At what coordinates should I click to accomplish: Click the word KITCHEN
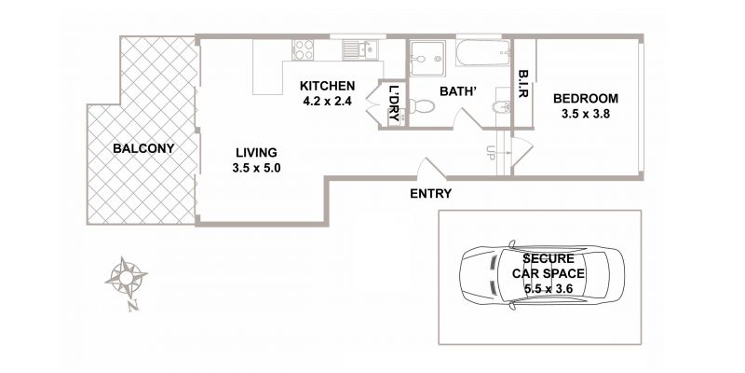pyautogui.click(x=327, y=86)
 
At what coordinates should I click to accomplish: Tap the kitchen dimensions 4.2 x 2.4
pyautogui.click(x=327, y=101)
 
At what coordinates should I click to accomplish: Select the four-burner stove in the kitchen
pyautogui.click(x=304, y=49)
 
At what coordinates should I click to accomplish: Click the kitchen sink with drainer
pyautogui.click(x=360, y=49)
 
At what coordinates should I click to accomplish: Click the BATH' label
pyautogui.click(x=458, y=90)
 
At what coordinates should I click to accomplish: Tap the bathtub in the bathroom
pyautogui.click(x=483, y=53)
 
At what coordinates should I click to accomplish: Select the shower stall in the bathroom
pyautogui.click(x=427, y=58)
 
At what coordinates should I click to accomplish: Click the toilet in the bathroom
pyautogui.click(x=422, y=106)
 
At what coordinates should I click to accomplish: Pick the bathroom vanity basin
pyautogui.click(x=502, y=107)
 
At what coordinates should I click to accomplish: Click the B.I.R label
pyautogui.click(x=523, y=84)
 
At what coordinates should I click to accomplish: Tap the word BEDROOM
pyautogui.click(x=586, y=99)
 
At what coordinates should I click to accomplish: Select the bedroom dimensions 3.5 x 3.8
pyautogui.click(x=586, y=114)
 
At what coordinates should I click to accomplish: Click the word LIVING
pyautogui.click(x=257, y=153)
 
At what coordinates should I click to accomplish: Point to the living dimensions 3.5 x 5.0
pyautogui.click(x=257, y=168)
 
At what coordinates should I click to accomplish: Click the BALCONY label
pyautogui.click(x=143, y=148)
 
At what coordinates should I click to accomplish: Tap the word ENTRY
pyautogui.click(x=431, y=194)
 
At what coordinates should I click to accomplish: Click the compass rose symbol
pyautogui.click(x=126, y=277)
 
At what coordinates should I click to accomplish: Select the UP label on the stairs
pyautogui.click(x=491, y=152)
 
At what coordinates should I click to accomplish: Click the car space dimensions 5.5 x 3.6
pyautogui.click(x=549, y=288)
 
